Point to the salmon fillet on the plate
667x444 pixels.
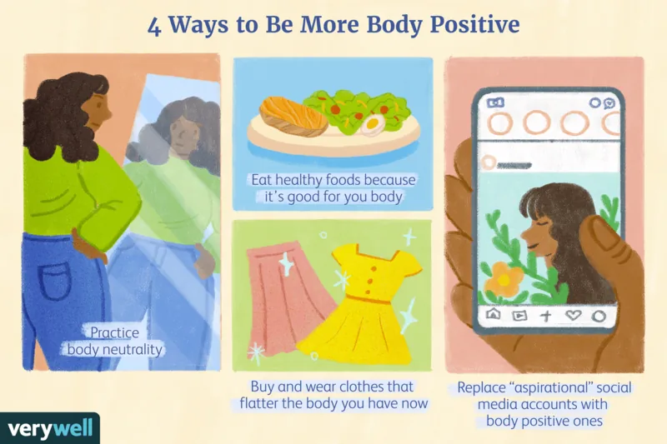click(293, 115)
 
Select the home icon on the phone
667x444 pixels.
click(492, 316)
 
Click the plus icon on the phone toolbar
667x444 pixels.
click(546, 316)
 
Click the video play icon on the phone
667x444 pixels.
click(519, 316)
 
